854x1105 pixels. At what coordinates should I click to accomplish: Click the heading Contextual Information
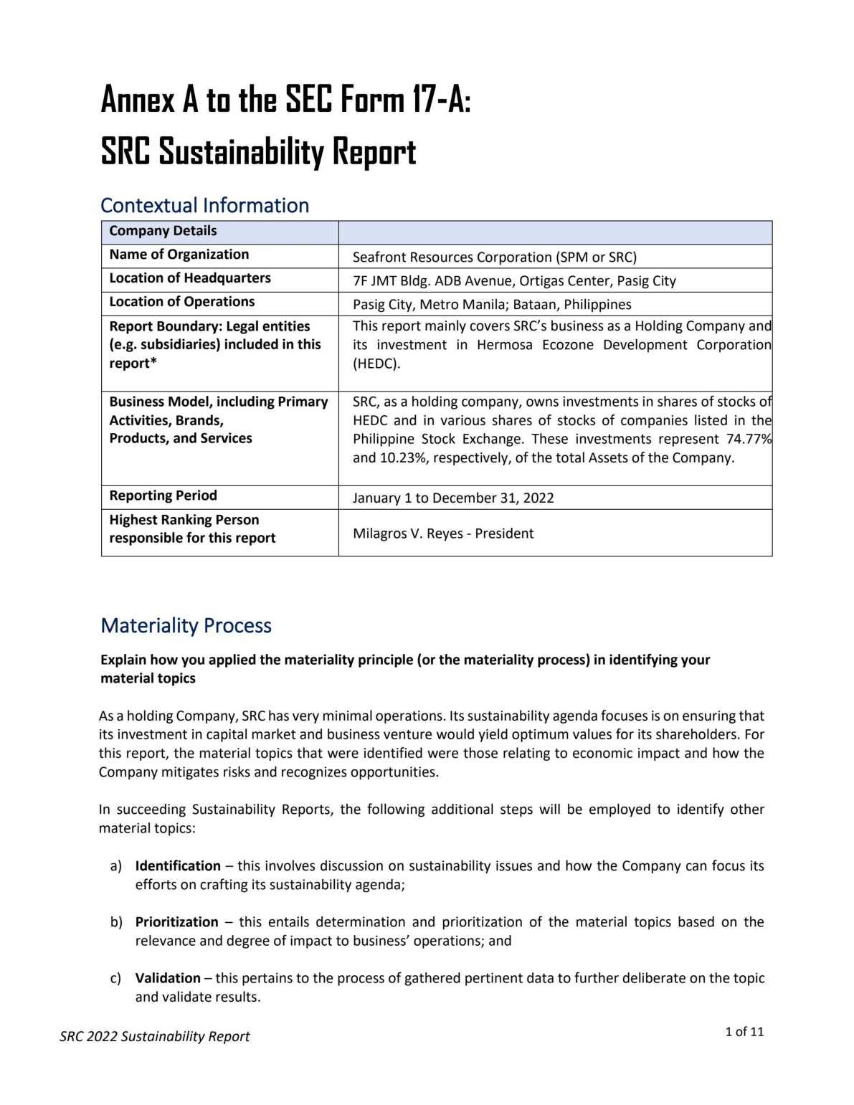204,205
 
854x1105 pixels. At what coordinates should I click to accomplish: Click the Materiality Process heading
186,625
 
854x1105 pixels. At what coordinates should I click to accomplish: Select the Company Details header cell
163,231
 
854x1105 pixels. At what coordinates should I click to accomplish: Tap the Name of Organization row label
179,255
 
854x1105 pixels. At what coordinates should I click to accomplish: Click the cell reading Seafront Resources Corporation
494,257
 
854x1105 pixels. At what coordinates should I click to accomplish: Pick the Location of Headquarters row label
190,278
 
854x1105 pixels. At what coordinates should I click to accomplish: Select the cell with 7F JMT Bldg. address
514,280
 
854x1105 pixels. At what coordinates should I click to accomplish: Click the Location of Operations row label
182,302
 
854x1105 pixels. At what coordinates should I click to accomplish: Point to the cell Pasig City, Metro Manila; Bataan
492,304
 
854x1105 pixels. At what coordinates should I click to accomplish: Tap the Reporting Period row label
163,495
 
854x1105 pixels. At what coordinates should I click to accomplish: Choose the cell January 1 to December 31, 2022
453,498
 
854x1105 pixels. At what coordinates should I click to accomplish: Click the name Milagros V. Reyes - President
443,533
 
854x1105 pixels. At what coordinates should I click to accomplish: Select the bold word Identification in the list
178,865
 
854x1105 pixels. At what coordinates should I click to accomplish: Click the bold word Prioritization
176,921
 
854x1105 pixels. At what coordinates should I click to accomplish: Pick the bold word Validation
168,978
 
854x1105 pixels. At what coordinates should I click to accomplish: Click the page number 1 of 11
744,1032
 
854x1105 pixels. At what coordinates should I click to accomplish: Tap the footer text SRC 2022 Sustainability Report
155,1036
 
